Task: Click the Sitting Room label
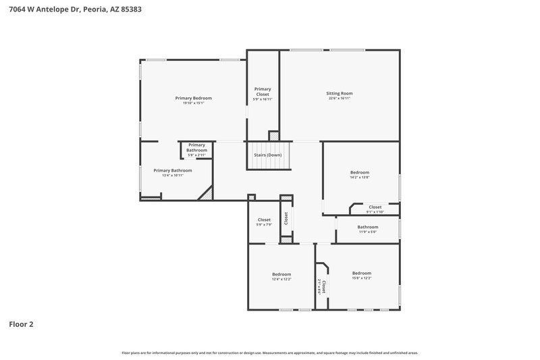339,93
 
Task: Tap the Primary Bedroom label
193,98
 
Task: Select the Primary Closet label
263,91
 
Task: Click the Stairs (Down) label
268,155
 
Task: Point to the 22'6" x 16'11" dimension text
339,99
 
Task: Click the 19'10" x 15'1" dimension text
193,103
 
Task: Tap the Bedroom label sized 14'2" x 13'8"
359,172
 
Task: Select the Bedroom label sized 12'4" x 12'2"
281,274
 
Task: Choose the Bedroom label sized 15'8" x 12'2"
362,273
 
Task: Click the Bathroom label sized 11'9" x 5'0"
368,227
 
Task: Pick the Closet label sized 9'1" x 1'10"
375,207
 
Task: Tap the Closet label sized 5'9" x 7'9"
264,220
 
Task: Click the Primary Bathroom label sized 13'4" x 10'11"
173,170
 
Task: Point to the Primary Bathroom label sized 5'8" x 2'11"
196,147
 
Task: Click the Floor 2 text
21,324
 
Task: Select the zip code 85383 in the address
131,10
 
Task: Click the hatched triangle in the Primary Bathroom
206,195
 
